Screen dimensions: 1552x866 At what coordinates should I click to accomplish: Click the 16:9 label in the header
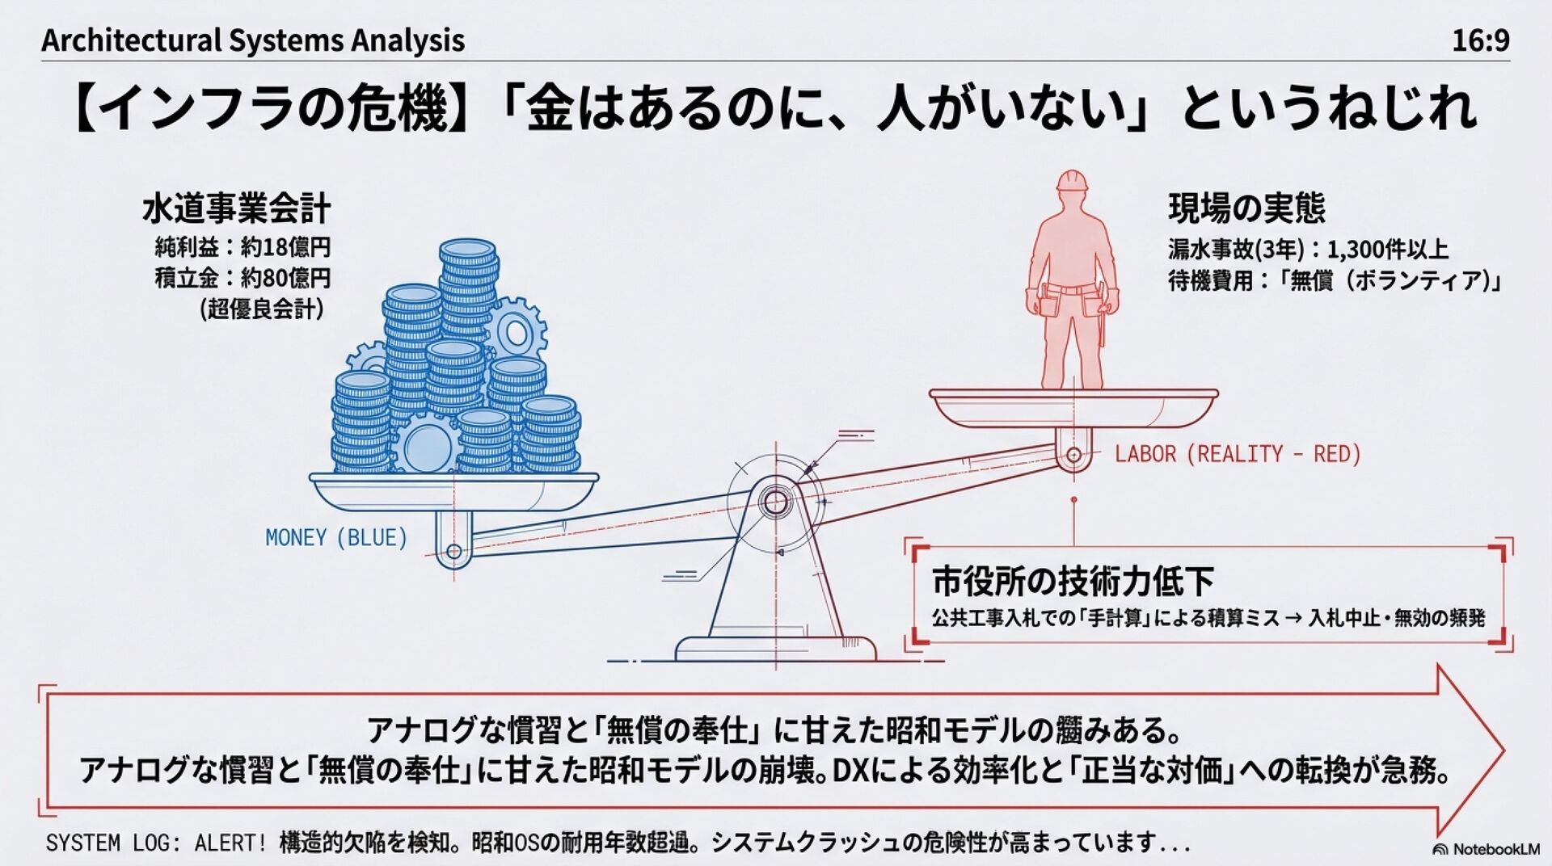[x=1480, y=40]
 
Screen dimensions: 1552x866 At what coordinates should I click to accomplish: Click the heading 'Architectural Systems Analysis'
[x=253, y=40]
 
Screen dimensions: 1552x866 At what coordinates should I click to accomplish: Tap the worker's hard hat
[x=1072, y=180]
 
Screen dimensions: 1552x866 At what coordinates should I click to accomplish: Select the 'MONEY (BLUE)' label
[x=336, y=538]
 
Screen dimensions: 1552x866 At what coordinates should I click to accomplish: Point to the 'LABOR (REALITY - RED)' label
[x=1238, y=454]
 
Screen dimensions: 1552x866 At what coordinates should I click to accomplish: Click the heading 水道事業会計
[x=236, y=208]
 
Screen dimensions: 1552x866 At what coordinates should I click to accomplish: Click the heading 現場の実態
[x=1246, y=208]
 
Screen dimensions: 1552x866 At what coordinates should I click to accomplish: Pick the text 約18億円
[x=285, y=247]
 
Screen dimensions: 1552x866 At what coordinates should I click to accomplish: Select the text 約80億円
[x=285, y=279]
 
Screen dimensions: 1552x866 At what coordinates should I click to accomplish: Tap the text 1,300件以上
[x=1387, y=250]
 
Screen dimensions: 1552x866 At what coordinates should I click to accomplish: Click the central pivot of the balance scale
[x=774, y=502]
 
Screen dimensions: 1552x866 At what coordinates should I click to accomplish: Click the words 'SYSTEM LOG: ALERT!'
[x=156, y=843]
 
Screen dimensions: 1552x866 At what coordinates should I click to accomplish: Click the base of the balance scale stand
[x=774, y=648]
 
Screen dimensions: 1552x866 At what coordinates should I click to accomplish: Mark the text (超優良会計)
[x=262, y=309]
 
